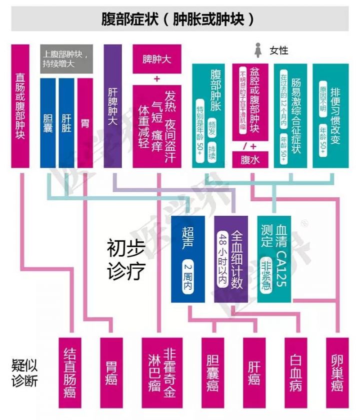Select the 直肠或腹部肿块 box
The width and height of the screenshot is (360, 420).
(x=20, y=107)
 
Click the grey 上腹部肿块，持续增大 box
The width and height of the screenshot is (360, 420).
(x=66, y=59)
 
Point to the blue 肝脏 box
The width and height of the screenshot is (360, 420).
(x=66, y=122)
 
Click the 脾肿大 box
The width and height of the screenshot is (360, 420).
(x=156, y=59)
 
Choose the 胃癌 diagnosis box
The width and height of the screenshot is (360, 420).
(x=111, y=373)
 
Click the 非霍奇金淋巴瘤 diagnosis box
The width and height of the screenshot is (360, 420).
(x=161, y=373)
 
